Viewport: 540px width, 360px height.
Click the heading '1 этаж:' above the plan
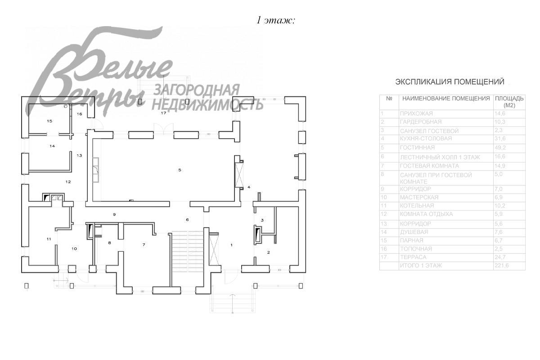(x=275, y=20)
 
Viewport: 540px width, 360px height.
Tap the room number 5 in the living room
(x=180, y=170)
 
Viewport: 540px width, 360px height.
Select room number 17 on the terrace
(x=164, y=113)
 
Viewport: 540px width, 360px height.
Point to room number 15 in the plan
(x=49, y=121)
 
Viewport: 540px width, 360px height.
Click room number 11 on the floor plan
(x=49, y=239)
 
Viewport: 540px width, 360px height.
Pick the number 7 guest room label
(x=144, y=245)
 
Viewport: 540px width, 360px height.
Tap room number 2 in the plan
(x=269, y=252)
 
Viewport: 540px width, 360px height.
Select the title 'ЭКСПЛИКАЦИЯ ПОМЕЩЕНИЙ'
(x=450, y=82)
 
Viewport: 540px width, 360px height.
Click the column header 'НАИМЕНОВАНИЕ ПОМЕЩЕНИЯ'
(x=445, y=98)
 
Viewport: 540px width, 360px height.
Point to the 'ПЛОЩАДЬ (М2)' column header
(x=509, y=102)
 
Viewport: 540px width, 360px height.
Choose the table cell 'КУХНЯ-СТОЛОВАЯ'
(x=425, y=139)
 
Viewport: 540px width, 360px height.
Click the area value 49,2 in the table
(x=501, y=147)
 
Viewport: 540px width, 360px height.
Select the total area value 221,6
(x=502, y=266)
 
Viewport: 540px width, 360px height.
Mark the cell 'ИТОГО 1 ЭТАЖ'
(x=421, y=266)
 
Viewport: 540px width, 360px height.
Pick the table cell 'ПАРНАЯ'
(x=412, y=241)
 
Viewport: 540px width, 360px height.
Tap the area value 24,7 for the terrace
(x=501, y=257)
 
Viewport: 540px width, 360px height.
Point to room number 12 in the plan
(x=68, y=182)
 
